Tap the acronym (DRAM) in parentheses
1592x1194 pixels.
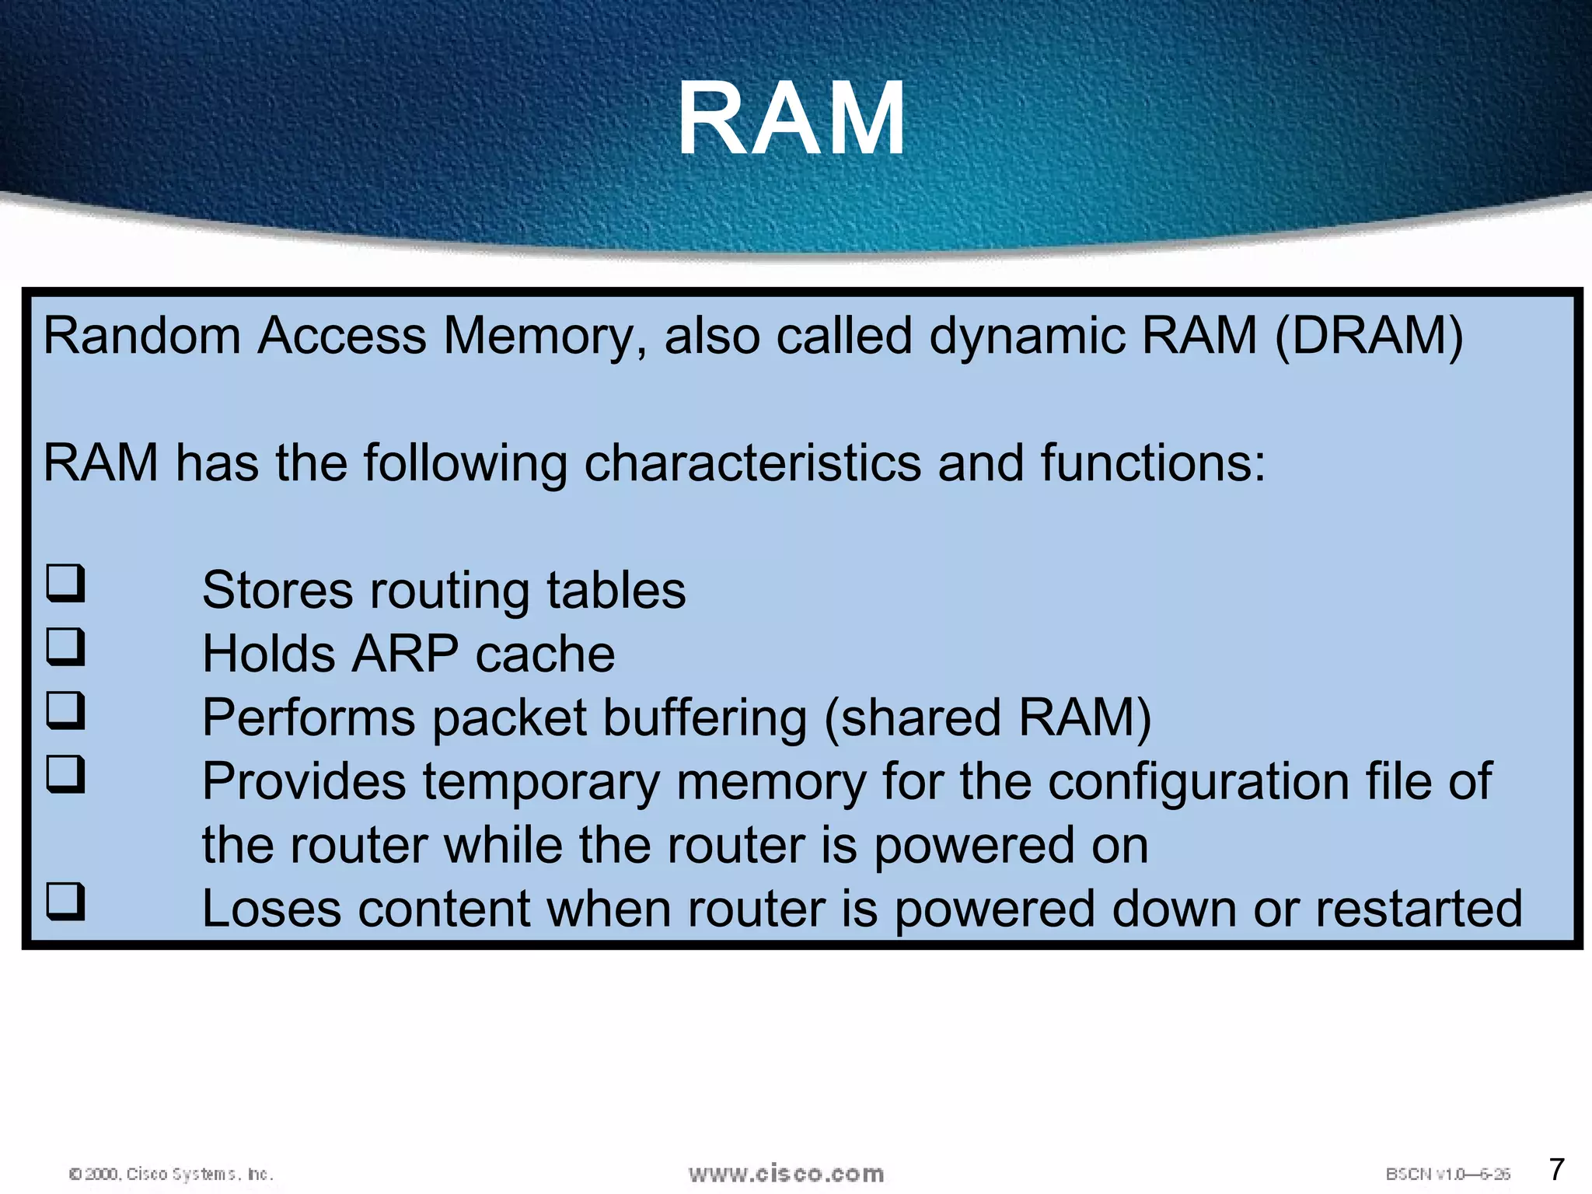(1369, 336)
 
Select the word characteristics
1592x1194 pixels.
(752, 463)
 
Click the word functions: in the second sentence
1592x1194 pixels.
(1153, 463)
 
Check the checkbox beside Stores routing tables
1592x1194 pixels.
(65, 583)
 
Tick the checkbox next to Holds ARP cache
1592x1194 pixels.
(65, 647)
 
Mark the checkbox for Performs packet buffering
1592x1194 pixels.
(65, 710)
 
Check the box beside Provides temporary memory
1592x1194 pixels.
(65, 774)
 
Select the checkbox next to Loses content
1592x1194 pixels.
(65, 902)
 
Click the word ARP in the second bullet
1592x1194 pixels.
(404, 654)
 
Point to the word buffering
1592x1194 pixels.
(704, 717)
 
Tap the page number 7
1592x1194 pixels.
(1556, 1169)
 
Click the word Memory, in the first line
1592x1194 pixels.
(544, 336)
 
